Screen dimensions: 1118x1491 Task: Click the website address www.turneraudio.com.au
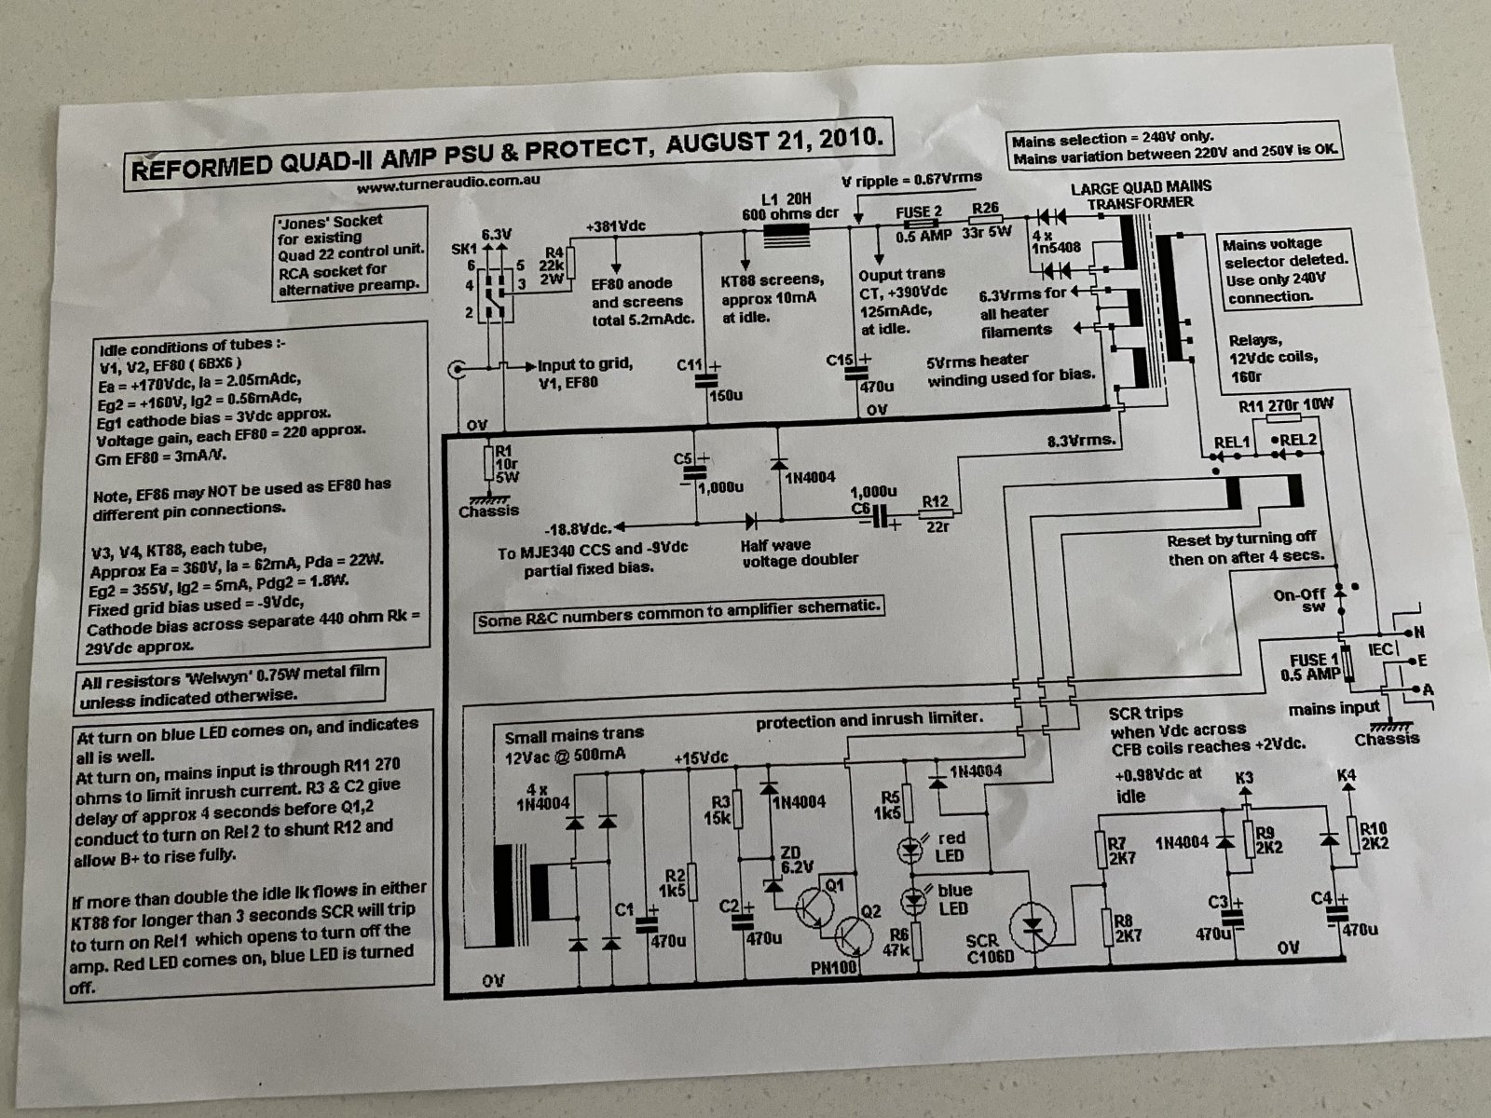pos(448,186)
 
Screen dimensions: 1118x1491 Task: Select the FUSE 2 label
pos(919,212)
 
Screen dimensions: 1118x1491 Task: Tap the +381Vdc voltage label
pos(616,226)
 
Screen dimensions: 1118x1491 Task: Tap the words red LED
pos(951,847)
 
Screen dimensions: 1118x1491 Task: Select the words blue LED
pos(953,899)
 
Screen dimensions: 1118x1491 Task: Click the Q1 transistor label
pos(834,885)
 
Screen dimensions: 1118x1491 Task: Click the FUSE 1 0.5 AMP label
pos(1314,667)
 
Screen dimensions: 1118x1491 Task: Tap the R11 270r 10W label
pos(1286,406)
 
